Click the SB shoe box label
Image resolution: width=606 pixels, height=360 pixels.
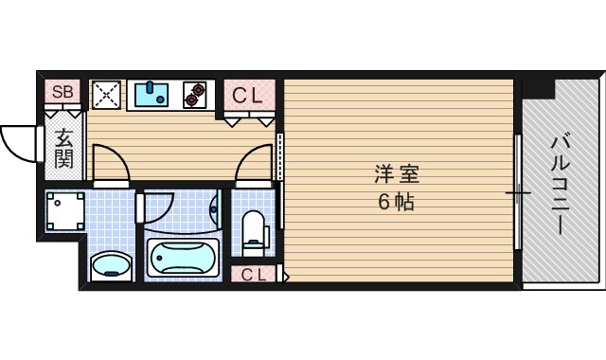click(63, 92)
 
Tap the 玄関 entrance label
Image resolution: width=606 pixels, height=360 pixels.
click(63, 148)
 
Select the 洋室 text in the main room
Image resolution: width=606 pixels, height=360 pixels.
click(397, 175)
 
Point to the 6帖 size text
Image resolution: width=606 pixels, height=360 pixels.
click(397, 202)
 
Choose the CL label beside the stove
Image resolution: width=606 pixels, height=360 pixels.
click(249, 95)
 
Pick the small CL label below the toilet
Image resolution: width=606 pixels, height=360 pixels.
click(253, 275)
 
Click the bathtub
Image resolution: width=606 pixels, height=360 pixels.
click(183, 258)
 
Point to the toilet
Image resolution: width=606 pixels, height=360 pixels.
click(254, 230)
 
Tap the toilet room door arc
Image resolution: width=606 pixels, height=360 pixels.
click(254, 161)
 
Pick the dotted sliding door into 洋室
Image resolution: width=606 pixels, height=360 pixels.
click(281, 156)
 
